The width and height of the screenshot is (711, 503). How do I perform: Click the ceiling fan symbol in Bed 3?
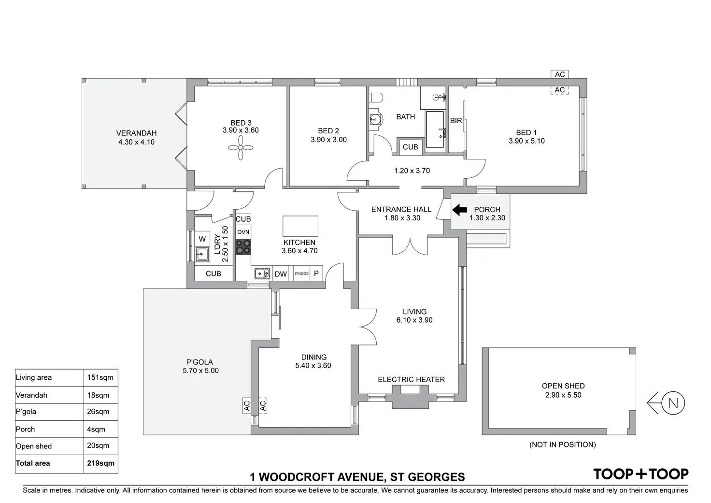click(x=241, y=146)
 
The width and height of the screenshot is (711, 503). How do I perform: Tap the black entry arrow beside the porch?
click(x=459, y=210)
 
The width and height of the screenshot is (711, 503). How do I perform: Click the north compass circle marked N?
click(x=673, y=403)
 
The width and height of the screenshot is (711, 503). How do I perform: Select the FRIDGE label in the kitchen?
click(x=302, y=273)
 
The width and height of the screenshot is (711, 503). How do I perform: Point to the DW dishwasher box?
click(x=281, y=274)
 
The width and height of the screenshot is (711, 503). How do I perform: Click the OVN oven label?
click(x=243, y=232)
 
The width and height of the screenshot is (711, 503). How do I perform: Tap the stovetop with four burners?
click(x=243, y=247)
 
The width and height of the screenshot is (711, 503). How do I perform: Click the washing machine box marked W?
click(x=202, y=239)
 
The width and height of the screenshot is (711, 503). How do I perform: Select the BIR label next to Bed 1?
click(x=456, y=121)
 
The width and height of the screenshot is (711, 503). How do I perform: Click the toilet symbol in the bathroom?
click(x=376, y=98)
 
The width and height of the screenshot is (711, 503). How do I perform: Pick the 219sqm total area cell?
click(x=100, y=463)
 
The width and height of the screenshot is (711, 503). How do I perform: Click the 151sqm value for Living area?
click(x=100, y=377)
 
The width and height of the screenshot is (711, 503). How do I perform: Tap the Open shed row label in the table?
click(x=34, y=446)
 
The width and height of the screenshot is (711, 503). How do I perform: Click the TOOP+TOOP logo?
click(x=640, y=474)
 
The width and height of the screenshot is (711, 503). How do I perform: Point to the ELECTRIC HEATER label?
click(x=411, y=380)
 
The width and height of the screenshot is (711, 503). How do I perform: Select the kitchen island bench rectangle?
click(x=300, y=226)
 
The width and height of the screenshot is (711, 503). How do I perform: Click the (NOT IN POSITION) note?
click(x=562, y=445)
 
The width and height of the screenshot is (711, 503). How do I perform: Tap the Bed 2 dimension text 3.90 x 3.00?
click(x=328, y=140)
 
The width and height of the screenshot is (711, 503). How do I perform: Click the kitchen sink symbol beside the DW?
click(x=262, y=273)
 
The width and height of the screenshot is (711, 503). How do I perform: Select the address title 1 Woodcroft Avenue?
click(x=357, y=477)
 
